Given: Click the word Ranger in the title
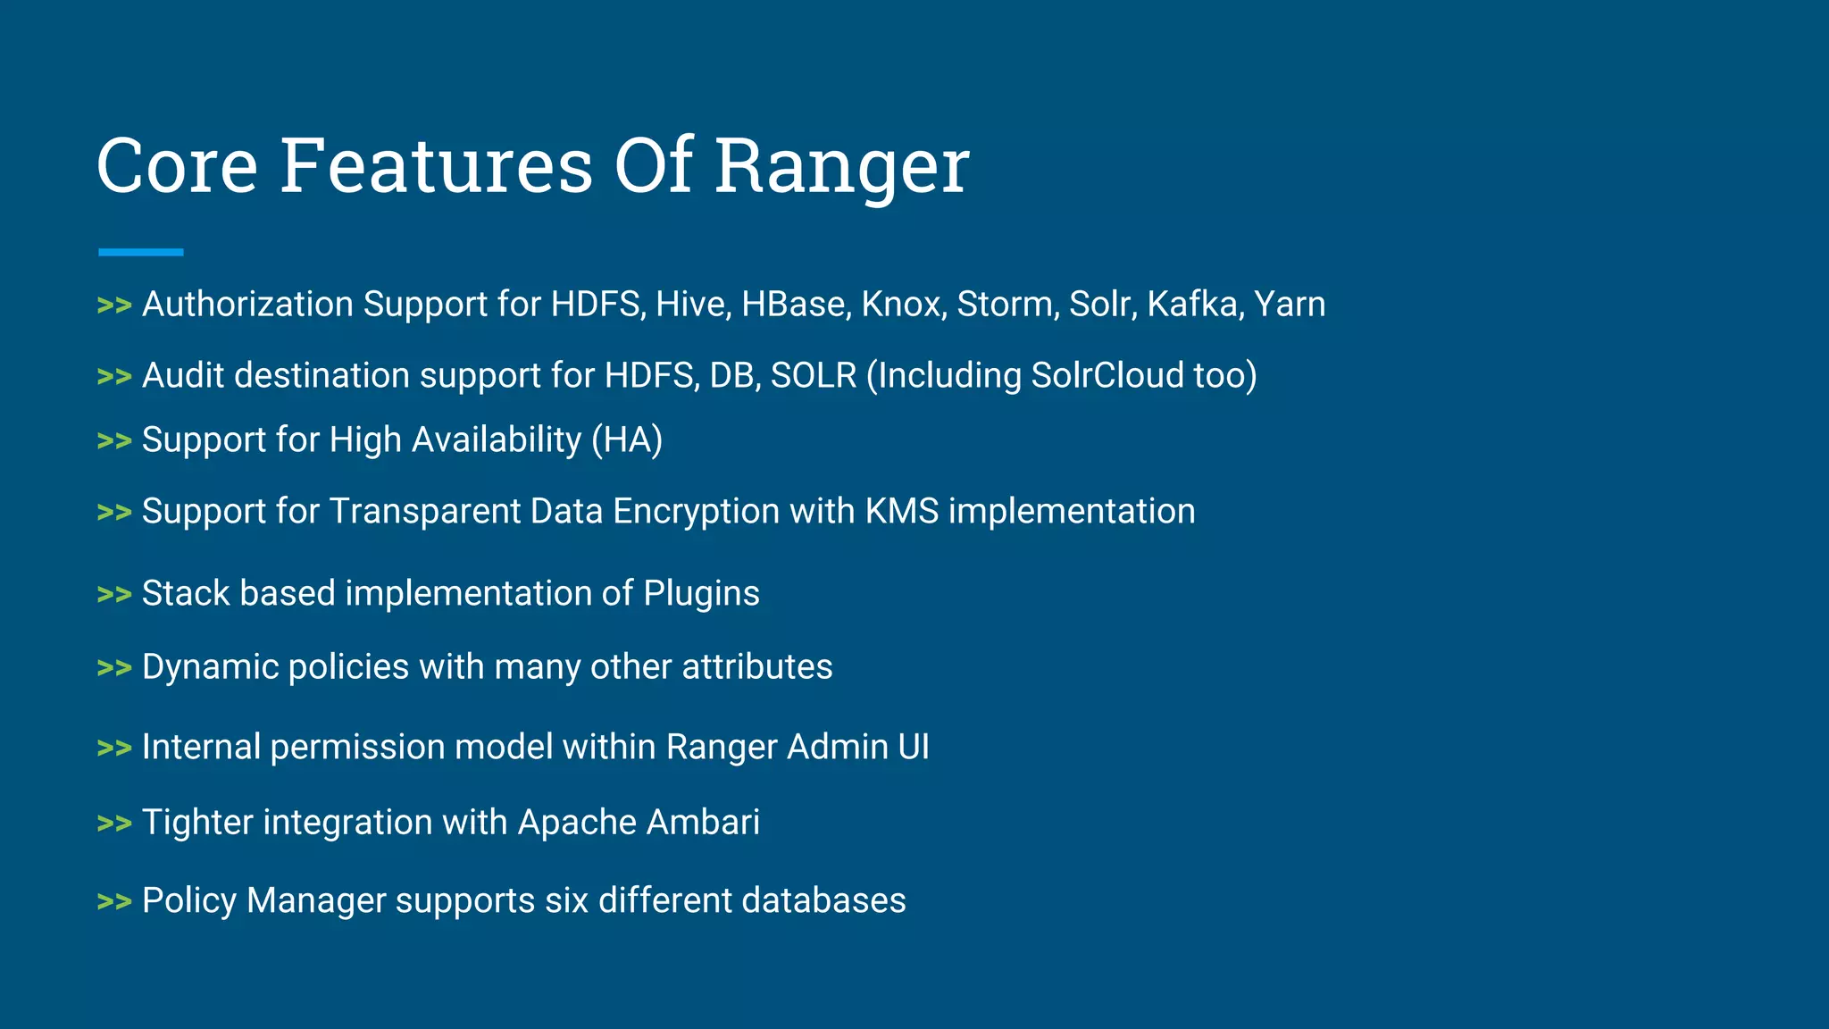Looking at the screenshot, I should [841, 167].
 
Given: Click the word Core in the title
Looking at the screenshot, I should [177, 167].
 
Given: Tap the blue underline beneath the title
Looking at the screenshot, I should [141, 253].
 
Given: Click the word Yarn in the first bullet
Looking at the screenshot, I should [1290, 305].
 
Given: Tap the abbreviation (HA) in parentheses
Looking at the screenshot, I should [627, 440].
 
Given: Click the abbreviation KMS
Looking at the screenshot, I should [902, 512].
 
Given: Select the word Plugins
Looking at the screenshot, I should [701, 595].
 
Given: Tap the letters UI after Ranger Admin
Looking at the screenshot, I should [914, 747].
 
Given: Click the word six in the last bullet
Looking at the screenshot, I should [567, 900].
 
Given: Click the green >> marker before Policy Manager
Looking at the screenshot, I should [114, 902].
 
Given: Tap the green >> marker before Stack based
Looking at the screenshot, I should [114, 595].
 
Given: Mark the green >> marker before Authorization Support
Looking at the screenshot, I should [114, 305].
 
